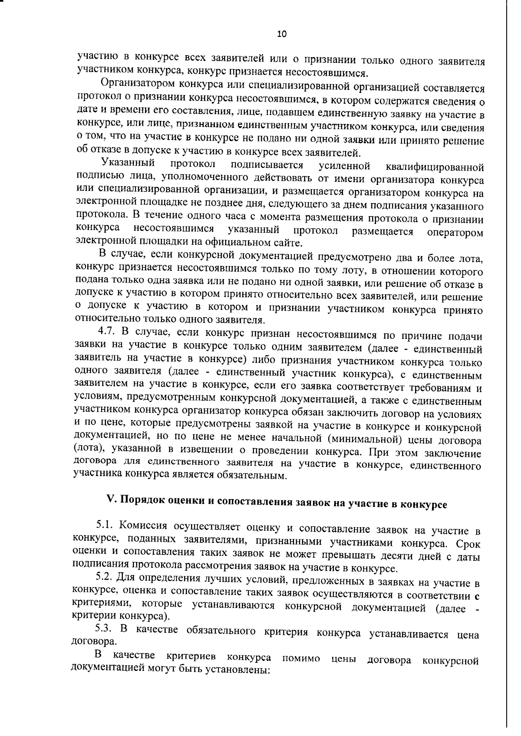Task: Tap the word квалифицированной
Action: coord(435,167)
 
